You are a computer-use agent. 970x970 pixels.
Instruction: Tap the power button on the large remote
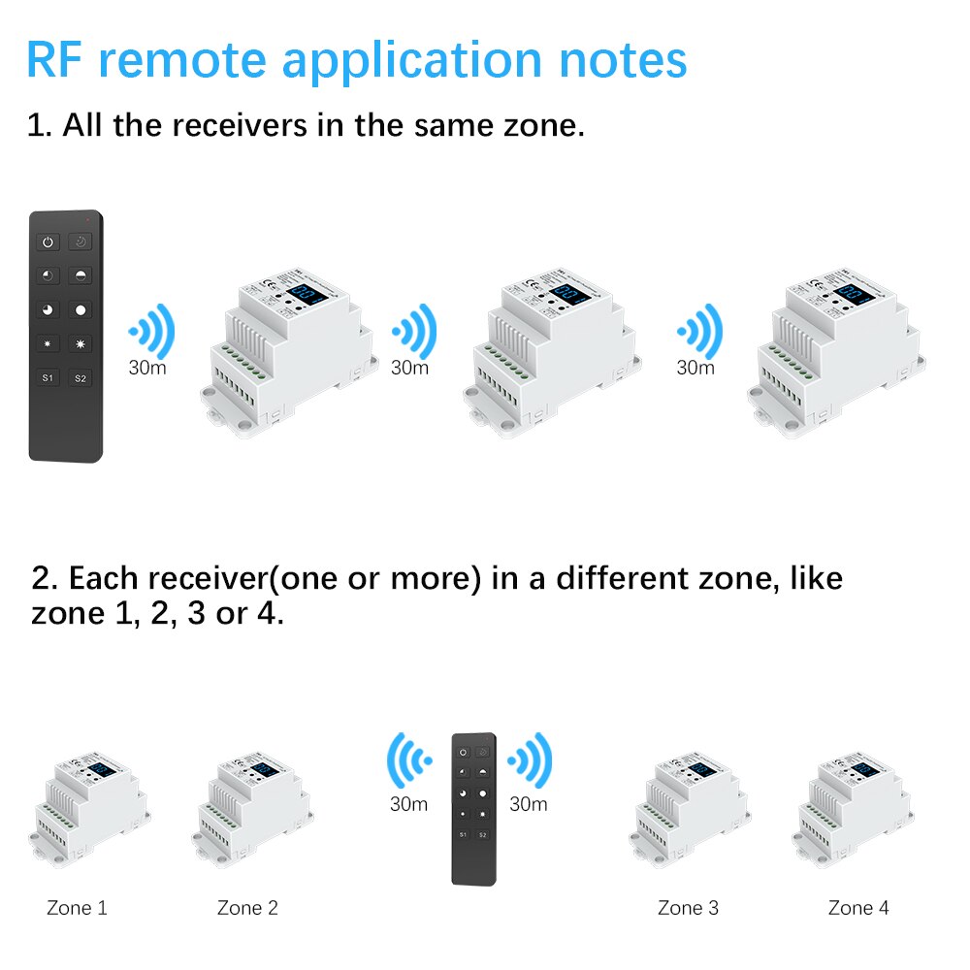pos(47,241)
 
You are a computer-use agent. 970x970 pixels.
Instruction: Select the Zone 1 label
pos(77,908)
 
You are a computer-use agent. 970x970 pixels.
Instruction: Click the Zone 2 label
pos(247,908)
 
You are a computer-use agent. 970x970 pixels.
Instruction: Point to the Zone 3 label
pos(688,908)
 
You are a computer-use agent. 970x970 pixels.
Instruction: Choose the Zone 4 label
pos(858,908)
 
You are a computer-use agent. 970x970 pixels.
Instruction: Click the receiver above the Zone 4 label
pos(853,810)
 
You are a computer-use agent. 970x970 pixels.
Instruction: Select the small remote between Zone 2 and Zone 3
pos(473,808)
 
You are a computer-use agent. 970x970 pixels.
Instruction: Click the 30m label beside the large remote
pos(148,368)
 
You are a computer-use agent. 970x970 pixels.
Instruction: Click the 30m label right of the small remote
pos(529,803)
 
